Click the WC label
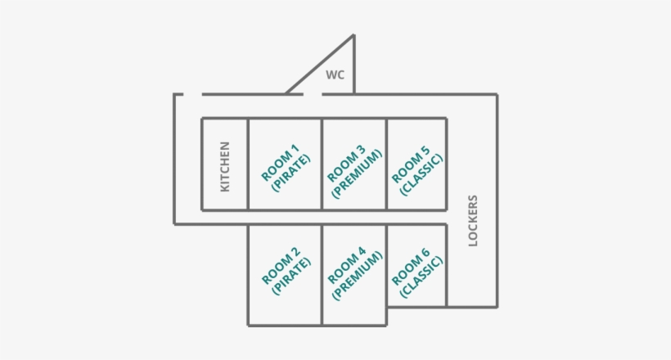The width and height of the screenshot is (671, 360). coord(335,75)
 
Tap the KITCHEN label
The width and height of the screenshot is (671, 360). coord(225,167)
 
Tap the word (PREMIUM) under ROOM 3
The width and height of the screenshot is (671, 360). coord(358,173)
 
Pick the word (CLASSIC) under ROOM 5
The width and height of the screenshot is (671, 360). coord(422,173)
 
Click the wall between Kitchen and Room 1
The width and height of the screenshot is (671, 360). coord(248,164)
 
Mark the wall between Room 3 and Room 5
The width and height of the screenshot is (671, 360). coord(386,164)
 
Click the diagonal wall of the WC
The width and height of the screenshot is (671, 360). coord(319,65)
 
